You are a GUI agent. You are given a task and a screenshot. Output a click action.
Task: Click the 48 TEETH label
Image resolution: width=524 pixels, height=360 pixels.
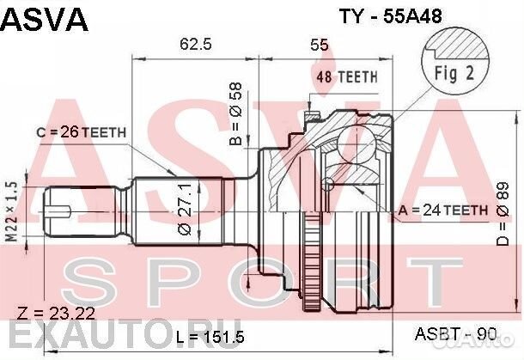coord(348,76)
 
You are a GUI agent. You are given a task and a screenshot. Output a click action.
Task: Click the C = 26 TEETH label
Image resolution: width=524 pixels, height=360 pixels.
coord(82,131)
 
